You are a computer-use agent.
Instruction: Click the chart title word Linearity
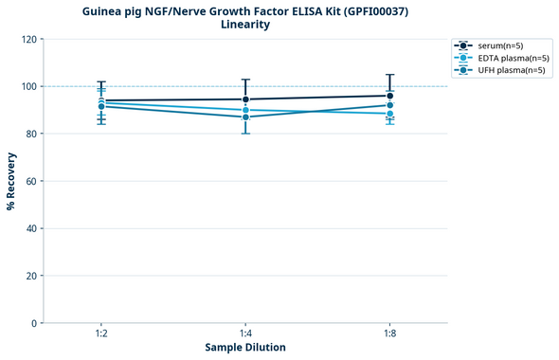click(245, 25)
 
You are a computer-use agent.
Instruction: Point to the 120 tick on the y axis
click(27, 39)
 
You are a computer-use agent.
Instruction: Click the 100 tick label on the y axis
click(27, 86)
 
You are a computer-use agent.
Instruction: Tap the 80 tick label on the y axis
click(29, 134)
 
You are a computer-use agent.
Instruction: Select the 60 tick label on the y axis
click(29, 181)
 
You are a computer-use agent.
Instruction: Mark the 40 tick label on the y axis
click(29, 228)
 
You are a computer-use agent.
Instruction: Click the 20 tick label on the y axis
click(29, 276)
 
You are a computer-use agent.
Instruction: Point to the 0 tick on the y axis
click(32, 323)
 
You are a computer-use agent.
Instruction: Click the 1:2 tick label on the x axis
click(101, 334)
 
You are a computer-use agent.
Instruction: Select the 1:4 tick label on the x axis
click(245, 334)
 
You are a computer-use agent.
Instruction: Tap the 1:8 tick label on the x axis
click(389, 334)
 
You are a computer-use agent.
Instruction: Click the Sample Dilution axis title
click(245, 348)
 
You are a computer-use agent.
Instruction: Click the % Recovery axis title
click(11, 181)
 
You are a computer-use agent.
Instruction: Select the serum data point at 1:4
click(245, 99)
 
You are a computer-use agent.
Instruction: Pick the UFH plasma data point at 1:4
click(245, 117)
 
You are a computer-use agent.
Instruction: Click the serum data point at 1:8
click(389, 96)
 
